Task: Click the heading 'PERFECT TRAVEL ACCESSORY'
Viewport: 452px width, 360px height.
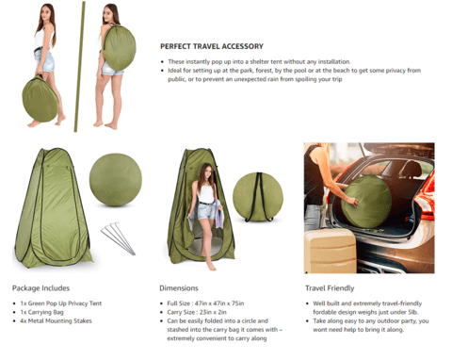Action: pyautogui.click(x=211, y=46)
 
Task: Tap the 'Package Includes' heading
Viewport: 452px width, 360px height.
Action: pyautogui.click(x=40, y=287)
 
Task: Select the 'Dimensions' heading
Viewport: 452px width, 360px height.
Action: pyautogui.click(x=179, y=287)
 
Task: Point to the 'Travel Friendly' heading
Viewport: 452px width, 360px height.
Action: pyautogui.click(x=329, y=287)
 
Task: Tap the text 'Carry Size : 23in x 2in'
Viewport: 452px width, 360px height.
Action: pyautogui.click(x=194, y=312)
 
